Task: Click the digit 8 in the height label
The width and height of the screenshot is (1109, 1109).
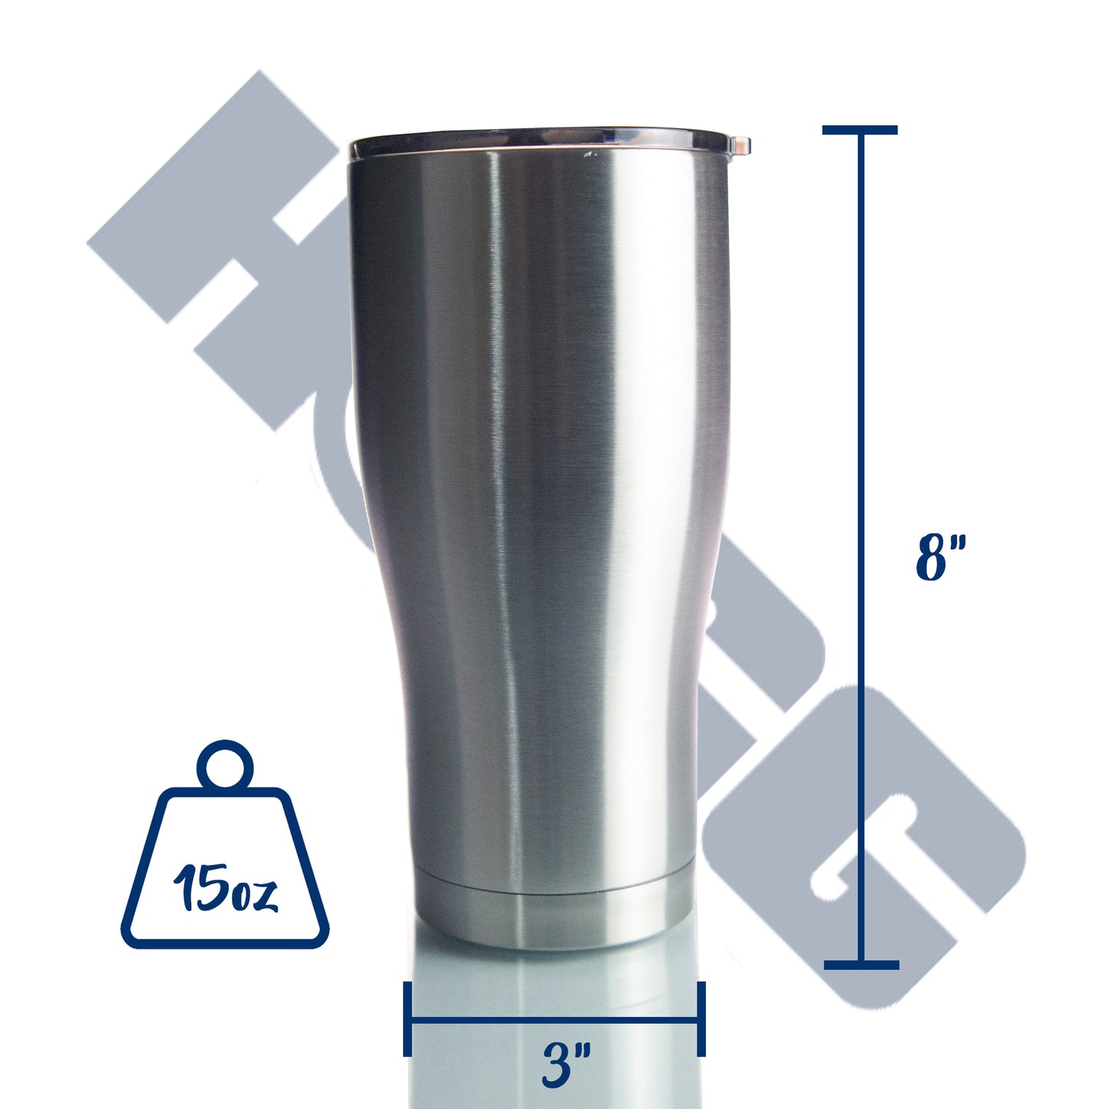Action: (x=932, y=558)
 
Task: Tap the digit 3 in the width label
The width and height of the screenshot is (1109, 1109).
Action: (x=555, y=1065)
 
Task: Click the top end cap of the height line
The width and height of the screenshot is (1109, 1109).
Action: (x=860, y=130)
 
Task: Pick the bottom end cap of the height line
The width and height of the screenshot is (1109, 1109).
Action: (x=861, y=965)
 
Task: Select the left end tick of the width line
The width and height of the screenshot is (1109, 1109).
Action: (x=408, y=1018)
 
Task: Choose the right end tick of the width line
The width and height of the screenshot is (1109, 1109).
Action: (x=701, y=1018)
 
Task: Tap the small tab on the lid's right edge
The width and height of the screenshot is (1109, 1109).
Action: (x=741, y=144)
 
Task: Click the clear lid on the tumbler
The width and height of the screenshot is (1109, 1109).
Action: (x=537, y=140)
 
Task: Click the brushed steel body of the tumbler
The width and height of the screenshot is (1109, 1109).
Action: (x=537, y=499)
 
